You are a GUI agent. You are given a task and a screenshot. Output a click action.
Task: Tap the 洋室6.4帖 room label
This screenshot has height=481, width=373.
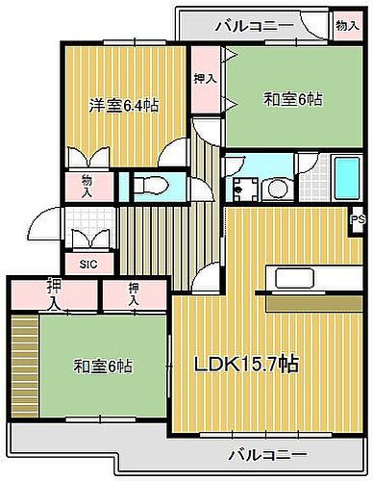tap(123, 106)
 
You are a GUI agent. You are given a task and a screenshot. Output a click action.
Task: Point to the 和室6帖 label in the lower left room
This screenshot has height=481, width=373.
tap(103, 367)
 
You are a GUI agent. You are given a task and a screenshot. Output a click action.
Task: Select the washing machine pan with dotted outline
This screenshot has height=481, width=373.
tap(244, 185)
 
